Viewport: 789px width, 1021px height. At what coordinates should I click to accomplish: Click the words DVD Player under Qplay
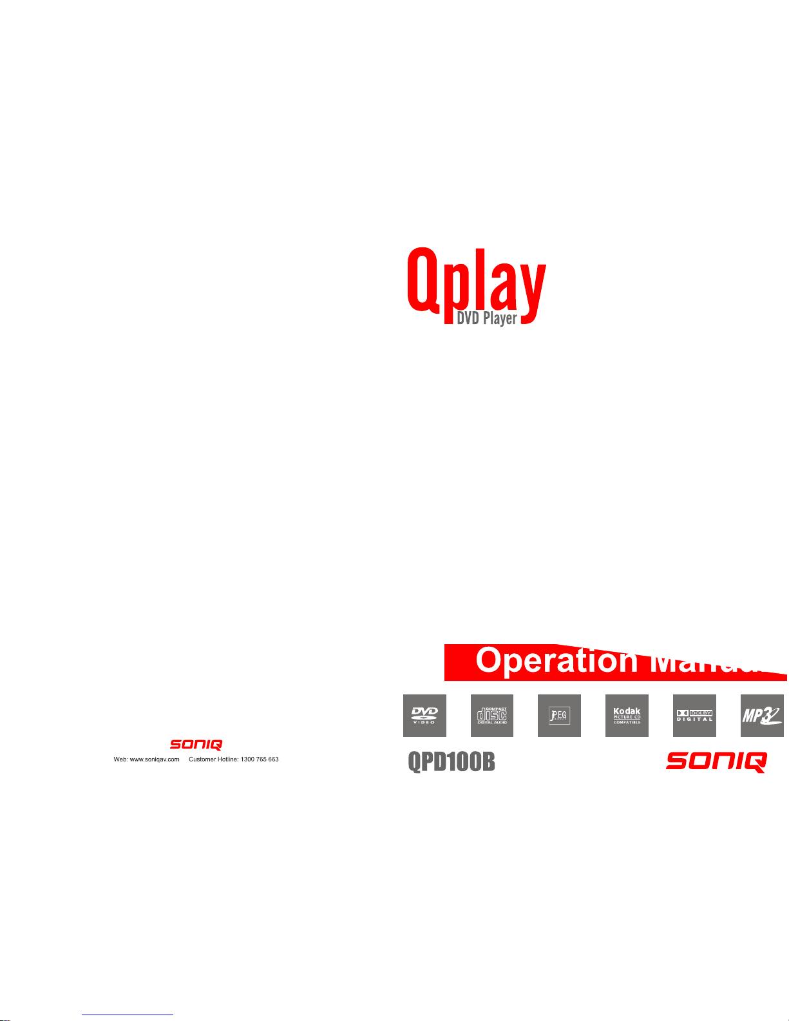click(487, 318)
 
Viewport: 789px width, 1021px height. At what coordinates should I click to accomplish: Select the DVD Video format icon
click(424, 716)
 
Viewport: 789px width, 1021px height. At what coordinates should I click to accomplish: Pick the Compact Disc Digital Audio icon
click(492, 716)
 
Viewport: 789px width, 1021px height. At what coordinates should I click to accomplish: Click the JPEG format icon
click(559, 716)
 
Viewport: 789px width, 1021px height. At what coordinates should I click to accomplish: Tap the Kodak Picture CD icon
click(627, 716)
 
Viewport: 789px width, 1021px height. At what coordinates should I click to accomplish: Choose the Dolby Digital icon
click(694, 716)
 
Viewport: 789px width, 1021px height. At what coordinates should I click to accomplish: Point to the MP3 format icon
click(762, 716)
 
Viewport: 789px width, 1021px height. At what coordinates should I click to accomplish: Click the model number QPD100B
click(452, 763)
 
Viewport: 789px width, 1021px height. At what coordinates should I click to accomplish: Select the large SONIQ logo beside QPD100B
click(716, 762)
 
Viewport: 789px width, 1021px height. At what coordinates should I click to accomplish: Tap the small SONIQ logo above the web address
click(196, 745)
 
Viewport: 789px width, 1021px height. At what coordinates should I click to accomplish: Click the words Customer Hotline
click(213, 759)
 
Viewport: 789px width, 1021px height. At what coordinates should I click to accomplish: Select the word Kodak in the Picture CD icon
click(627, 711)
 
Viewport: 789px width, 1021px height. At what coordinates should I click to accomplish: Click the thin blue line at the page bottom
click(128, 1015)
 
